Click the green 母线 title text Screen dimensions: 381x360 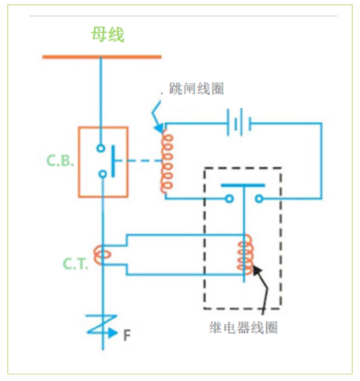pos(107,35)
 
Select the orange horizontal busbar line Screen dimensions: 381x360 pos(102,57)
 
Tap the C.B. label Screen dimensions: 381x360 pos(60,161)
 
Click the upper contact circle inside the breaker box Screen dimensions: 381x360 pos(101,148)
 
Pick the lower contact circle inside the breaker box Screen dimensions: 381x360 pos(101,174)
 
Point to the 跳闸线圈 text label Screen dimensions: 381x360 pos(196,89)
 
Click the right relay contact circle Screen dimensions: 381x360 pos(259,199)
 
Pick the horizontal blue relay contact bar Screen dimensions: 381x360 pos(243,185)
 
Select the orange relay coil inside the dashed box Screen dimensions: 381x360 pos(245,256)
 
